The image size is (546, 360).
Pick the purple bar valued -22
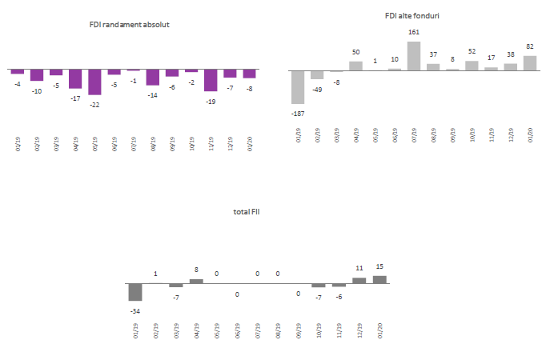tap(95, 82)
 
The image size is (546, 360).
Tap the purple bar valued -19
tap(211, 80)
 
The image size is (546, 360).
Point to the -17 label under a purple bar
tap(75, 98)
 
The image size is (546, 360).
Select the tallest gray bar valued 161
tap(414, 56)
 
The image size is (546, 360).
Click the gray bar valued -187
tap(298, 87)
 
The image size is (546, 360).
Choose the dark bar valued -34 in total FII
tap(135, 292)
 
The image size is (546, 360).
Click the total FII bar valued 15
tap(379, 279)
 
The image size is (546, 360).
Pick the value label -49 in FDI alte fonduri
tap(317, 89)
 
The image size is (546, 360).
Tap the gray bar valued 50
tap(355, 66)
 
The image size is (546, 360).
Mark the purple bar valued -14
tap(153, 78)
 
